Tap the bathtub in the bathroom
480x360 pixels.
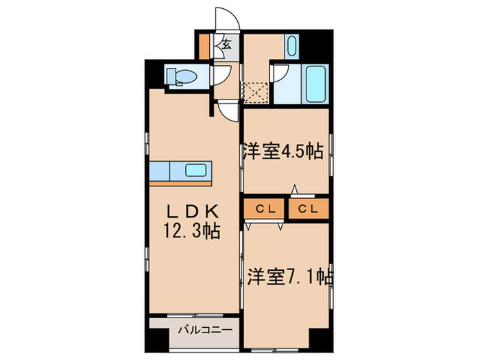coord(315,84)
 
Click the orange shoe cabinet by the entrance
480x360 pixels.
coord(204,45)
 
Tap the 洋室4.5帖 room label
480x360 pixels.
coord(282,152)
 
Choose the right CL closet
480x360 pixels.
coord(307,208)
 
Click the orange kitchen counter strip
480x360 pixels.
coord(182,183)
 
